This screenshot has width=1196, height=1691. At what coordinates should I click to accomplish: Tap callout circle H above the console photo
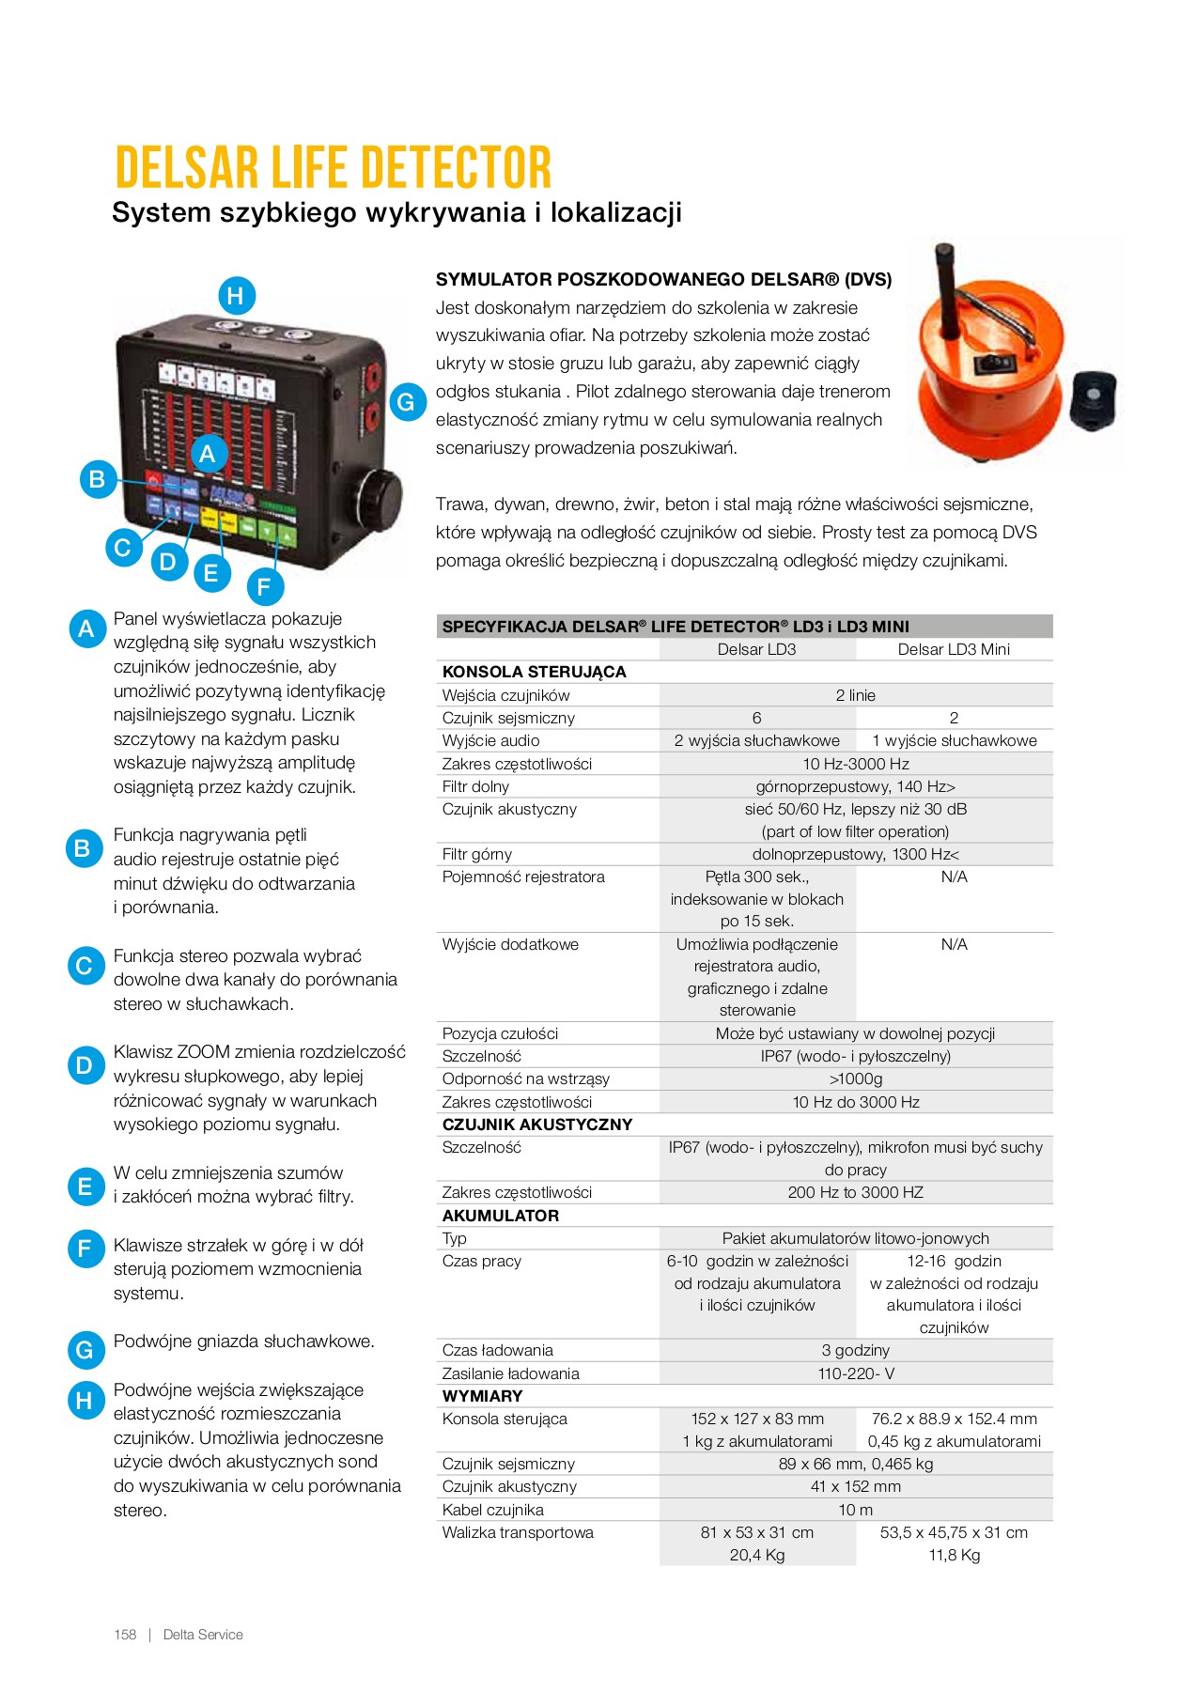[x=236, y=296]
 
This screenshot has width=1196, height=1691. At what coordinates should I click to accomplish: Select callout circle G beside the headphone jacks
[x=406, y=402]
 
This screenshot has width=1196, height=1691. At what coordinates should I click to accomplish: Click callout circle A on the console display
[x=208, y=454]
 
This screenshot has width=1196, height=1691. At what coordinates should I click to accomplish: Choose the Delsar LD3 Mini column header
[x=954, y=649]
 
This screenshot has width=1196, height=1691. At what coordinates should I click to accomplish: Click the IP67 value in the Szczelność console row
[x=855, y=1056]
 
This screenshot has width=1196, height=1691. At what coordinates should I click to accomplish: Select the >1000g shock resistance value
[x=855, y=1078]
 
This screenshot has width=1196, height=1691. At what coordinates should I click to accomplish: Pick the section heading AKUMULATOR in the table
[x=501, y=1216]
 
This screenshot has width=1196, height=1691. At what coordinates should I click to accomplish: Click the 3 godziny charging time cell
[x=855, y=1350]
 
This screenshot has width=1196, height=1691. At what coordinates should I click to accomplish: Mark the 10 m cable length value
[x=855, y=1510]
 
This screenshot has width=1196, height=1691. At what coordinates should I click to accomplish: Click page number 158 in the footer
[x=125, y=1635]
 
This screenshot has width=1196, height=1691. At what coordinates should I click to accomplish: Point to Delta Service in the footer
[x=203, y=1635]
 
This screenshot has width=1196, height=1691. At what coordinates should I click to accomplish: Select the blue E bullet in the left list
[x=85, y=1187]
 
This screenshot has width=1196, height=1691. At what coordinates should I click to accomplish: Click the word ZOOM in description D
[x=204, y=1052]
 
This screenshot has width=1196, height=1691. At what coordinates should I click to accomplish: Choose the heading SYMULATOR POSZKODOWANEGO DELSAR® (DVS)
[x=663, y=279]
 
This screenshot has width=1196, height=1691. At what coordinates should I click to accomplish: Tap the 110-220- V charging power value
[x=855, y=1373]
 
